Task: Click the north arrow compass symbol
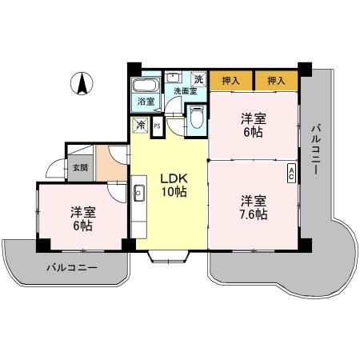82,82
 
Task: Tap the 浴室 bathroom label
145,102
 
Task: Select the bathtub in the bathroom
146,86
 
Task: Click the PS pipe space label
157,126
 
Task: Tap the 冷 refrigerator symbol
140,125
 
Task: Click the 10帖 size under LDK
174,193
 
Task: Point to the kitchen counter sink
138,193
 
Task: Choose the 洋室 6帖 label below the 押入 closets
253,124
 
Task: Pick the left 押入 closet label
231,81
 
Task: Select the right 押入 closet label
276,81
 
